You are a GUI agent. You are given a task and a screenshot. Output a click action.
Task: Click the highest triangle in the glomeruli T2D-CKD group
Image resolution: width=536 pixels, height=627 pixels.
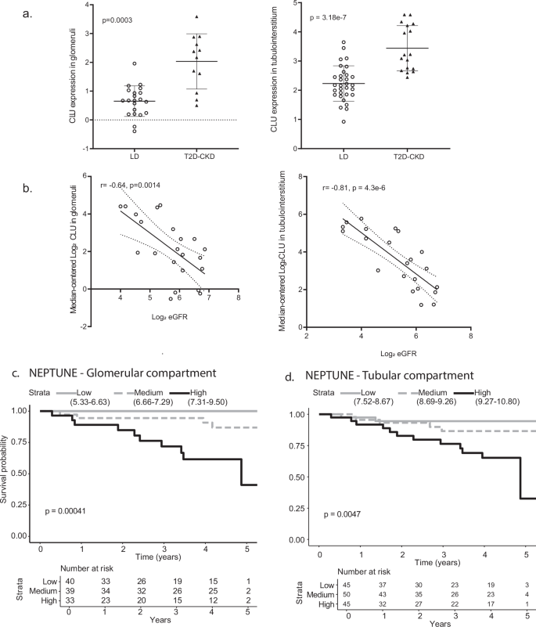coord(197,16)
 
